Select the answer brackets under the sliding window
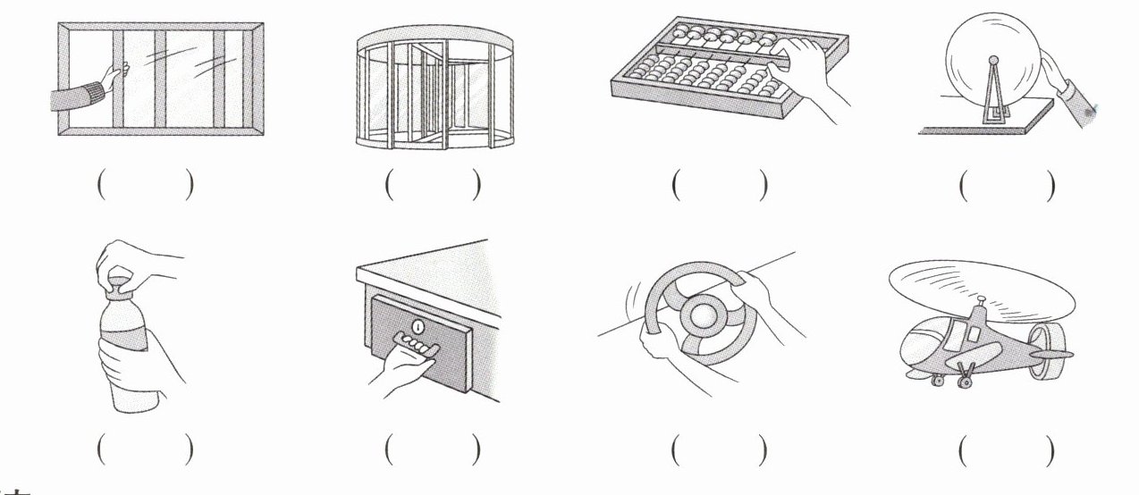point(144,186)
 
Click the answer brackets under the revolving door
point(433,186)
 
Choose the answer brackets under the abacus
point(720,186)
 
